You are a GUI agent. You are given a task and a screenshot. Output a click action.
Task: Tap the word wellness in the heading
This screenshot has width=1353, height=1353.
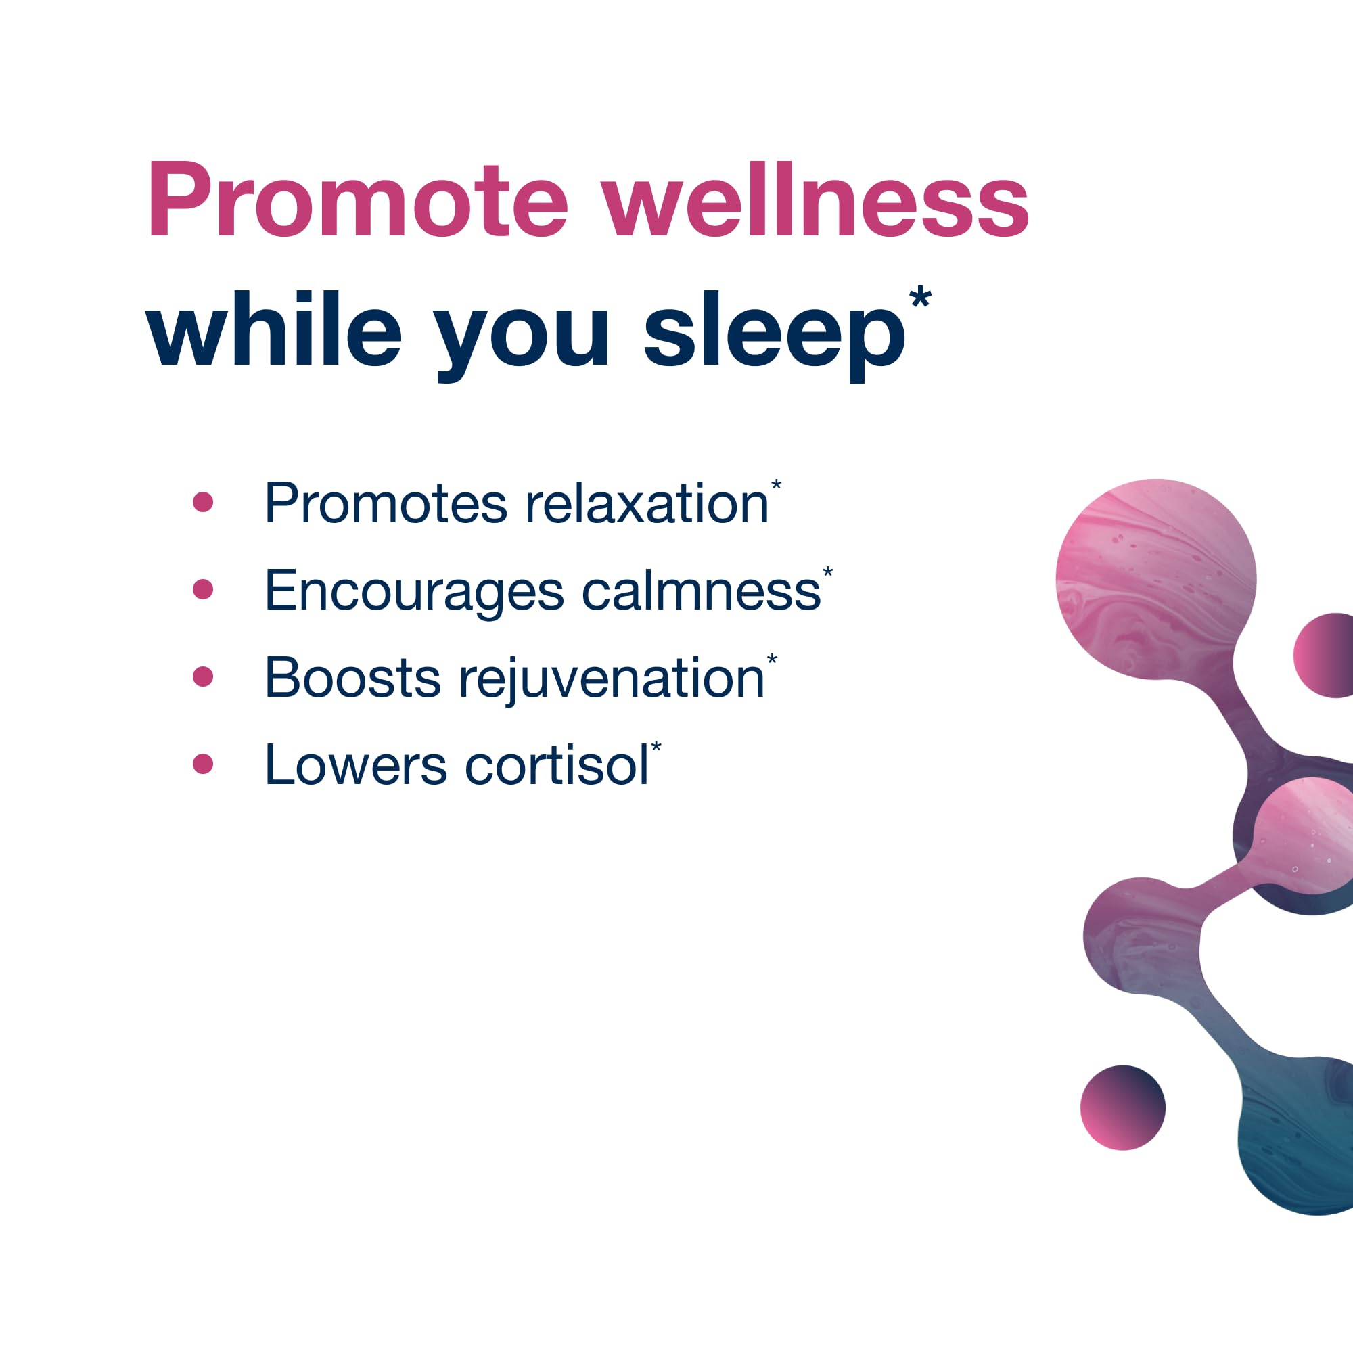[815, 200]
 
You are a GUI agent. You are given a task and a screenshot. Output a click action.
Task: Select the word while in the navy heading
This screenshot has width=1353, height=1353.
[274, 329]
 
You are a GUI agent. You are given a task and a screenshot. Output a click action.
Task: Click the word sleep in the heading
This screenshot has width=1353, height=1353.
[775, 333]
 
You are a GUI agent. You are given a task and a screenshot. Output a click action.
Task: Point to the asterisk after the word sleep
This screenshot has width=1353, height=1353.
[919, 298]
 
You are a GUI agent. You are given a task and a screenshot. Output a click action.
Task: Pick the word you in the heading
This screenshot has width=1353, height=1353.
[522, 336]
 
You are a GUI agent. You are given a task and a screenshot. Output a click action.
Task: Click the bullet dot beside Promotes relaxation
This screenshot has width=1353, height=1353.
[202, 502]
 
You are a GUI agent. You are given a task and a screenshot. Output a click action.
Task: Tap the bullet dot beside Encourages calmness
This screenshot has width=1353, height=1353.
[202, 589]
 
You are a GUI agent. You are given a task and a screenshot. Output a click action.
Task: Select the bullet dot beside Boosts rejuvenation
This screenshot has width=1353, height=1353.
[202, 676]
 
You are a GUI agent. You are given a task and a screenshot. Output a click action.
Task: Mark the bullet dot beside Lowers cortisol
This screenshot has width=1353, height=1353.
[202, 763]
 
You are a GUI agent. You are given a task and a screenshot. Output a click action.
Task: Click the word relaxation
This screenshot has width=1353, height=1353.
[647, 503]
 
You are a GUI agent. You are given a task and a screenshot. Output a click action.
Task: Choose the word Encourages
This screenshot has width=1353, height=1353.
[414, 592]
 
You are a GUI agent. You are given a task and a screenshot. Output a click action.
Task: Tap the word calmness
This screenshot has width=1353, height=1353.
[701, 591]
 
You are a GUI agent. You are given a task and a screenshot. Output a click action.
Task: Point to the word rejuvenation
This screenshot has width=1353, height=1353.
[612, 679]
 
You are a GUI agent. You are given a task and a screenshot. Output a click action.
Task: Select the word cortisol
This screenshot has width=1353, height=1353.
[557, 765]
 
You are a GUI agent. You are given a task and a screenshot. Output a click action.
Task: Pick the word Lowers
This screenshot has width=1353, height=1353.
[355, 765]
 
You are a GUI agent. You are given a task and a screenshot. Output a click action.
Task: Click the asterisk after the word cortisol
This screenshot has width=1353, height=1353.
[656, 747]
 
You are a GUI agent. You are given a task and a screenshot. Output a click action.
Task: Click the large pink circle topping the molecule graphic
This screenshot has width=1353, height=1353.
[1155, 578]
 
